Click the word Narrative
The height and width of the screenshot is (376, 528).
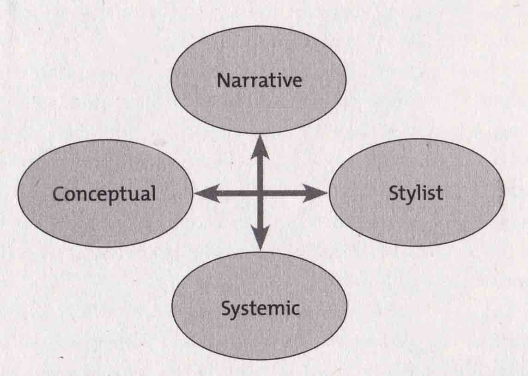coord(259,80)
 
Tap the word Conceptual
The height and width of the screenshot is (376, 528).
coord(104,194)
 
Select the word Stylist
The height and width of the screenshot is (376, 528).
coord(415,193)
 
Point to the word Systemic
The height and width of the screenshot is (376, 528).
coord(260,308)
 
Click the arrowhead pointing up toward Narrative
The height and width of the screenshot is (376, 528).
coord(260,143)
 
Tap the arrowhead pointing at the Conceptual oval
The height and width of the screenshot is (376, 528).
coord(203,193)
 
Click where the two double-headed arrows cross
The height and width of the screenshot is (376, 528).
coord(261,193)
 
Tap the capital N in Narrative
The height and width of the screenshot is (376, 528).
coord(223,80)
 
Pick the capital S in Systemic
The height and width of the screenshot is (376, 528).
coord(226,308)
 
